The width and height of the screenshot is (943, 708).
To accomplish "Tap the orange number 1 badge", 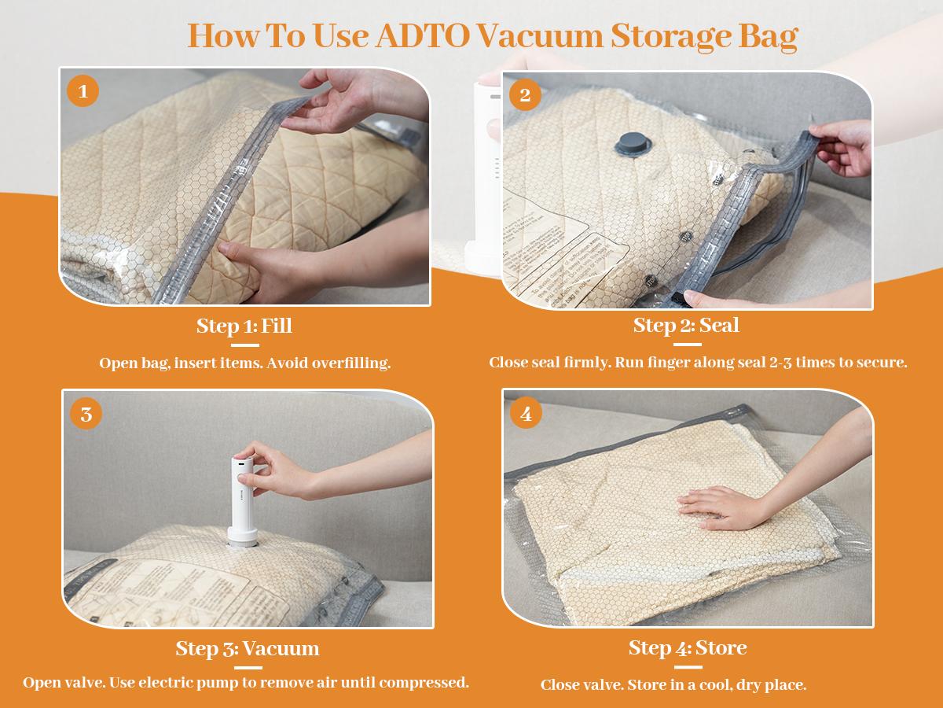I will [x=83, y=92].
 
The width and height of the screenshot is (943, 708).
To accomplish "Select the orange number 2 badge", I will [x=525, y=96].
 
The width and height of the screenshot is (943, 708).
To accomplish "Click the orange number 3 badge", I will [x=86, y=414].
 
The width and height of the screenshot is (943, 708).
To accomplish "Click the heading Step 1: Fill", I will [x=244, y=326].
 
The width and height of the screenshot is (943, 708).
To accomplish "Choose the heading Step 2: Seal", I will [x=686, y=325].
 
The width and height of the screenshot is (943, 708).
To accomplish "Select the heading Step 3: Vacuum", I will [x=247, y=648].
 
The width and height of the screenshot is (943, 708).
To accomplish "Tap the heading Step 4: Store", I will [x=687, y=647].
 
